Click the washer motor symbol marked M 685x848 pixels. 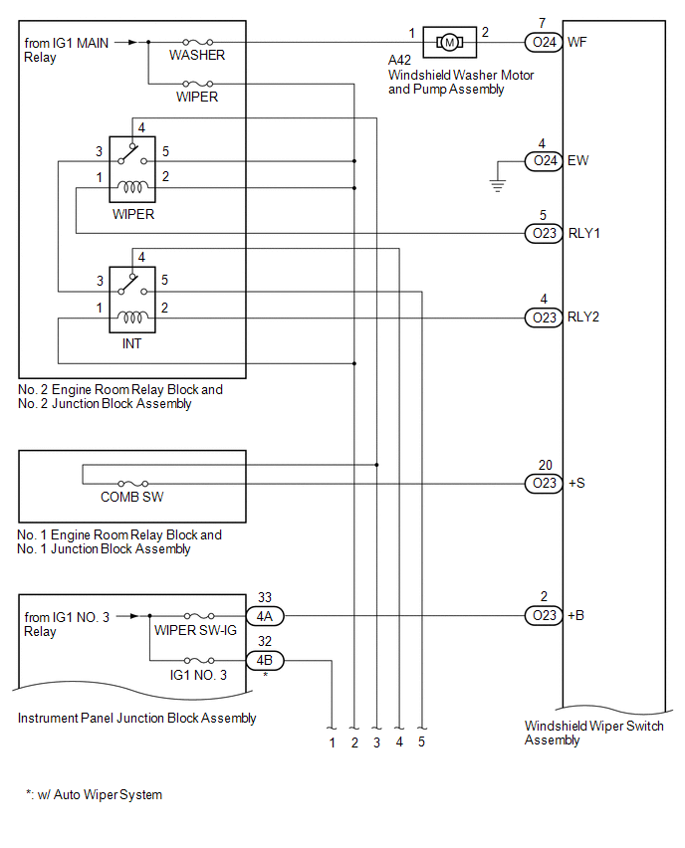[449, 42]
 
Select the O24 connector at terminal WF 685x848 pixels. [545, 42]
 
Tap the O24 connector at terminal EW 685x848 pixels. [545, 160]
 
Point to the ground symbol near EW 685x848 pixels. [499, 182]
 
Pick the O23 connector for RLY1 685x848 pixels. [545, 234]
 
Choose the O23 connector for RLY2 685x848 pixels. [545, 318]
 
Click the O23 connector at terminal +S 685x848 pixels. [545, 483]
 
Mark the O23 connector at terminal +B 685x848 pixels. [545, 615]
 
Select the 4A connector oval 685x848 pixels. [265, 615]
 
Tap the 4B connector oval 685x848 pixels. [265, 660]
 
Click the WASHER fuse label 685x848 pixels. [197, 56]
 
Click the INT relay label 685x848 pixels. [131, 344]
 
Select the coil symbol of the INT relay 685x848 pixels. [132, 318]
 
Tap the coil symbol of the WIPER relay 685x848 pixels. [132, 187]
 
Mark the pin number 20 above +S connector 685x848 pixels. [545, 465]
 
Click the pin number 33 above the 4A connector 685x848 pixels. [265, 597]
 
